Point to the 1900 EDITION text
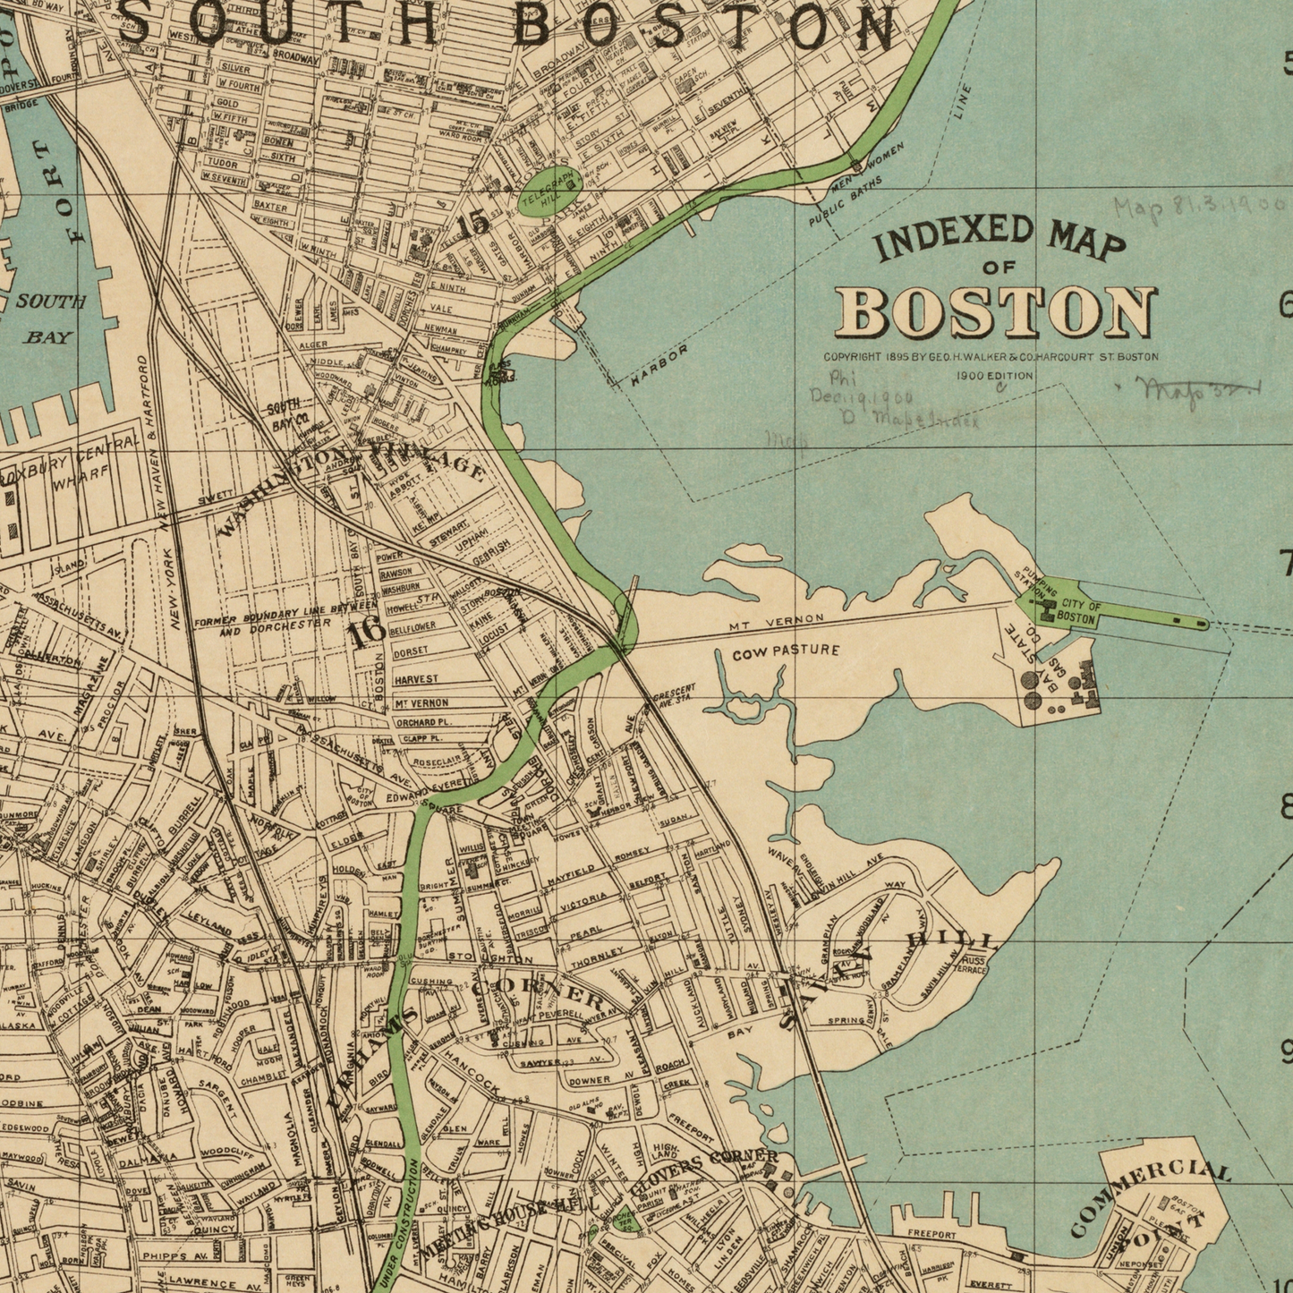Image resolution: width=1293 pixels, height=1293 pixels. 994,376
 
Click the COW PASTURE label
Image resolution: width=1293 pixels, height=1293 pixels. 786,651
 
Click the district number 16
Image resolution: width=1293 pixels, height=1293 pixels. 366,633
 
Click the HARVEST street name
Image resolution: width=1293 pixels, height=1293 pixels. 416,679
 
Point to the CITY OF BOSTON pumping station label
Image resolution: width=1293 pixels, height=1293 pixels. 1075,613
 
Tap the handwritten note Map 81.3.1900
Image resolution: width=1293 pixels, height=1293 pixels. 1198,208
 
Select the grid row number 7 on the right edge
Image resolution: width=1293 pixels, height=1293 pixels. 1285,565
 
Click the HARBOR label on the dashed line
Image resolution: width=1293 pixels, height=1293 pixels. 659,366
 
